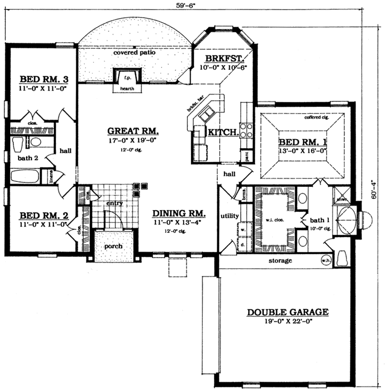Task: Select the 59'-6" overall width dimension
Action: tap(187, 6)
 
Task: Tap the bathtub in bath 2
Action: tap(24, 176)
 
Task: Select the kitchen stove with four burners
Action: tap(247, 130)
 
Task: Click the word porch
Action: tap(113, 246)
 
